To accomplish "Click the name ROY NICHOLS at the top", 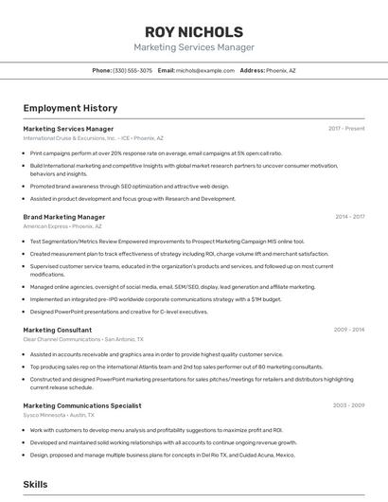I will click(x=194, y=31).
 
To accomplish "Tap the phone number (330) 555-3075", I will click(x=132, y=70).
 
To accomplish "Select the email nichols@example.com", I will click(x=204, y=70).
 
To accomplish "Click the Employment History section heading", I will click(x=70, y=108).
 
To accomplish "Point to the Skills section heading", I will click(x=35, y=484).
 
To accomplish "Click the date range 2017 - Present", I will click(x=346, y=128).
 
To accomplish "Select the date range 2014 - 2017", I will click(x=349, y=217).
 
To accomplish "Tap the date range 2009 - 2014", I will click(x=349, y=330).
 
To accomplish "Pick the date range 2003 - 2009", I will click(x=348, y=405).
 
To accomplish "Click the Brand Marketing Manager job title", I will click(x=63, y=217).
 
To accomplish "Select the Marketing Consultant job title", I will click(x=57, y=330).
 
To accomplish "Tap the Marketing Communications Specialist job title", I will click(x=81, y=405).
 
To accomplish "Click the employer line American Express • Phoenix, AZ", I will click(x=62, y=226).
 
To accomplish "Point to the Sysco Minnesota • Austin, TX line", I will click(x=59, y=415).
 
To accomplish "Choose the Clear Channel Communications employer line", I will click(x=83, y=339).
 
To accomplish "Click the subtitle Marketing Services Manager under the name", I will click(x=194, y=47).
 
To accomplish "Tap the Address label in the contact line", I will click(x=252, y=70).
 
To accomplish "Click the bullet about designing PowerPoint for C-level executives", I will click(x=118, y=312).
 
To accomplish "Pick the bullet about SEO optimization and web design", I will click(x=129, y=187).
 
